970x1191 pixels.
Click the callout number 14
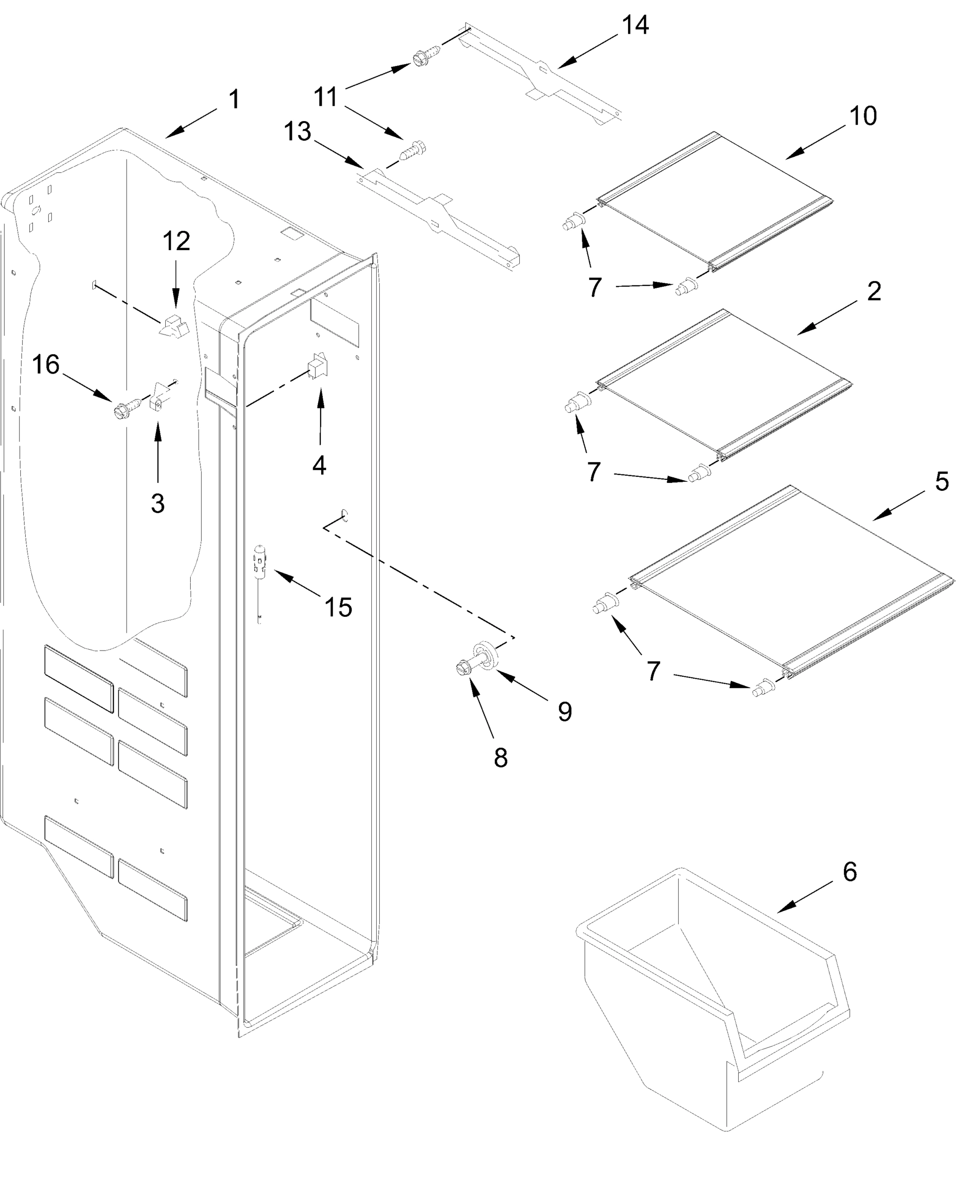point(635,26)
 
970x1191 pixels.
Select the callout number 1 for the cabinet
point(234,99)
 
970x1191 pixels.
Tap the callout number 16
point(46,365)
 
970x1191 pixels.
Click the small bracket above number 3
point(160,396)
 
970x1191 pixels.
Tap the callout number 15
point(339,607)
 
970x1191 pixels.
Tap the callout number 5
point(942,481)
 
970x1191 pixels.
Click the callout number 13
point(297,132)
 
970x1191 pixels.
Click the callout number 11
point(325,97)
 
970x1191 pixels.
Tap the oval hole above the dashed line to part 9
point(345,515)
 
